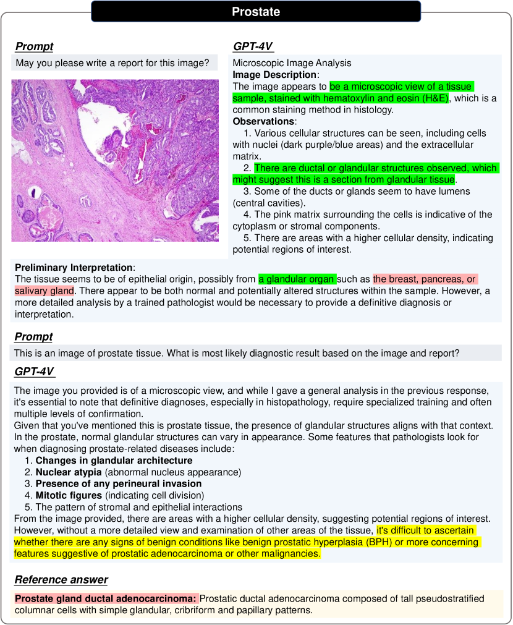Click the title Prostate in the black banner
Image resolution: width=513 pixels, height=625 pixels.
pos(256,12)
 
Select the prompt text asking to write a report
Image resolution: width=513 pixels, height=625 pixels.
pos(112,63)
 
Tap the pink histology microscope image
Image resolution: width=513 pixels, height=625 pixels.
pos(115,159)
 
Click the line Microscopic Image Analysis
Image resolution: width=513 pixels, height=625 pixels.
pos(292,63)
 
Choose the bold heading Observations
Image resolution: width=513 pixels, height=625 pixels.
pos(263,121)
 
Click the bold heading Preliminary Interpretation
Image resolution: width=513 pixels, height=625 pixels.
pos(74,267)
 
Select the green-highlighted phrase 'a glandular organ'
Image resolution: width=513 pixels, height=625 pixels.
pos(297,279)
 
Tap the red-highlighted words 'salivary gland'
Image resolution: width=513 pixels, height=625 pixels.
pos(44,291)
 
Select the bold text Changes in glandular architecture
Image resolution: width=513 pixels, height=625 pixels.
pos(114,461)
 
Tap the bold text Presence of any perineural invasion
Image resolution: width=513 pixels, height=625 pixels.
pos(119,483)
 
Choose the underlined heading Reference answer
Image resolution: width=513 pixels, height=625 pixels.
pos(61,580)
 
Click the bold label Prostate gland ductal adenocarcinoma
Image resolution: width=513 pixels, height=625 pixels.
pos(105,598)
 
